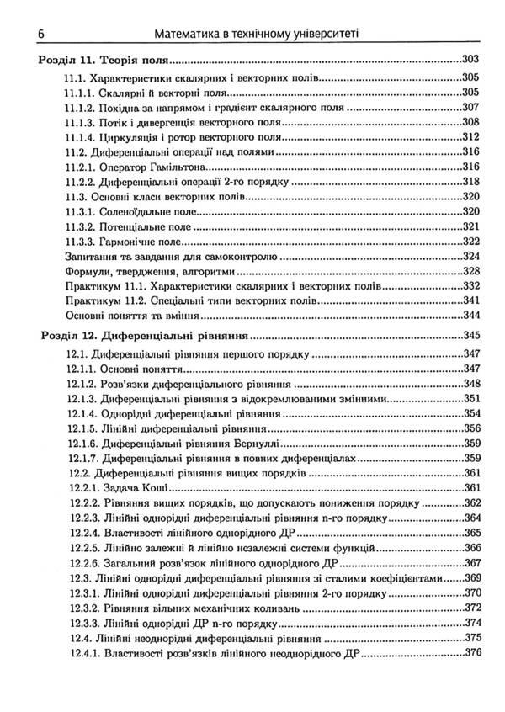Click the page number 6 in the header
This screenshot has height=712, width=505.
[x=40, y=34]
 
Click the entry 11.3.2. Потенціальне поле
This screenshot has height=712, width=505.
[x=127, y=227]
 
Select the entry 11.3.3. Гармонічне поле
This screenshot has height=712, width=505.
[x=123, y=242]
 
